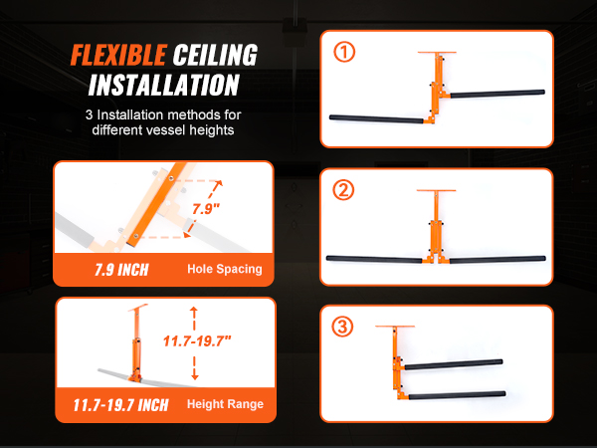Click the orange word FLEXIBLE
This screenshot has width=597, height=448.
pyautogui.click(x=118, y=55)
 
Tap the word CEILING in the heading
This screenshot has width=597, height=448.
pyautogui.click(x=215, y=55)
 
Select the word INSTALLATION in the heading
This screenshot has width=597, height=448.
pyautogui.click(x=164, y=85)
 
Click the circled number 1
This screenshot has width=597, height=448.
pyautogui.click(x=344, y=52)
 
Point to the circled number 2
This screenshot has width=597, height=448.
pyautogui.click(x=343, y=190)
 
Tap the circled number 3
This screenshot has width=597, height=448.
pyautogui.click(x=342, y=327)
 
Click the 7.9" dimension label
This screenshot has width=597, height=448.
pyautogui.click(x=206, y=209)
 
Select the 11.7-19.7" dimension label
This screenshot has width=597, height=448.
pyautogui.click(x=197, y=340)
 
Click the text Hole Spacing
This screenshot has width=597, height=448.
pyautogui.click(x=225, y=269)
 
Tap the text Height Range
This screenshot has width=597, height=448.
pyautogui.click(x=225, y=404)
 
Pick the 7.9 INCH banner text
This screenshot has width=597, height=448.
pyautogui.click(x=121, y=270)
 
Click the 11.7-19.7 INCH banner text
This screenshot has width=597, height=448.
pyautogui.click(x=120, y=405)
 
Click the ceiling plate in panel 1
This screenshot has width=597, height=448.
pyautogui.click(x=437, y=52)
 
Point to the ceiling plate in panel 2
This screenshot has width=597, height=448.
pyautogui.click(x=436, y=190)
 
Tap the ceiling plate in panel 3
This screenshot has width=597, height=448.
pyautogui.click(x=395, y=327)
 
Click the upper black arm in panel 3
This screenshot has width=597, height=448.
pyautogui.click(x=454, y=364)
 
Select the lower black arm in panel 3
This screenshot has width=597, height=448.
pyautogui.click(x=457, y=395)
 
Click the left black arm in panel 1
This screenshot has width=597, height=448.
pyautogui.click(x=376, y=119)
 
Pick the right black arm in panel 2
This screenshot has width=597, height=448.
pyautogui.click(x=497, y=260)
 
